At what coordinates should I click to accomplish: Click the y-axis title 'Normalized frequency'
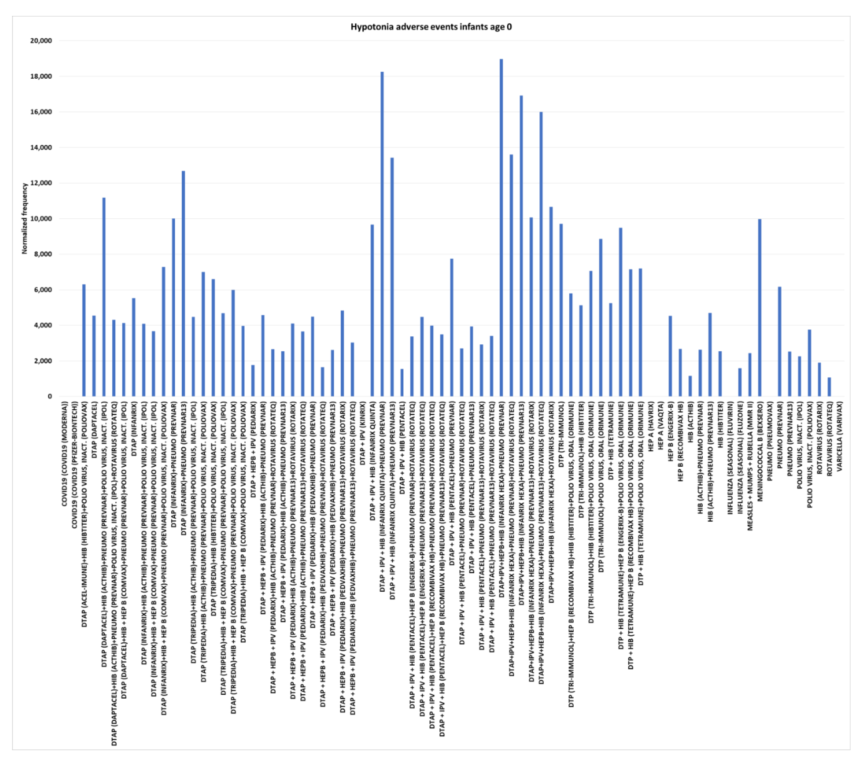point(25,219)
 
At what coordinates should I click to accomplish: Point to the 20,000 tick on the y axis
point(41,41)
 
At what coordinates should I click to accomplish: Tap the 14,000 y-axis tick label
point(41,147)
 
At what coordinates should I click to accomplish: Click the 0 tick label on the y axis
point(50,396)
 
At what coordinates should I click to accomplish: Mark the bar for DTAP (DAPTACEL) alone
point(94,356)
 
